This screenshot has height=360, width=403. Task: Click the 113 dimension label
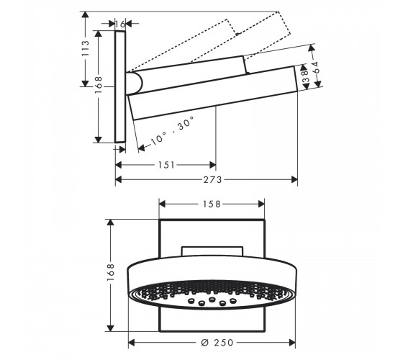coord(85,48)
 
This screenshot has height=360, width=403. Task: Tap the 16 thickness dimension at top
coord(120,24)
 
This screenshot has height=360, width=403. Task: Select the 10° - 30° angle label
coord(173,131)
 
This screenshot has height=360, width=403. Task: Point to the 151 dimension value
coord(166,165)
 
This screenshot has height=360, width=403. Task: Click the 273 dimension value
coord(212,179)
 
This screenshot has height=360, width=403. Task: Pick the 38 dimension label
coord(305,76)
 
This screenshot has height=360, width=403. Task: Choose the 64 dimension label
coord(316,68)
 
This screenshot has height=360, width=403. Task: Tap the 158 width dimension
coord(212,204)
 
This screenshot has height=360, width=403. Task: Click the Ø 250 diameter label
coord(217,343)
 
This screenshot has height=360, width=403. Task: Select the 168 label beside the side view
coord(98,85)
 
